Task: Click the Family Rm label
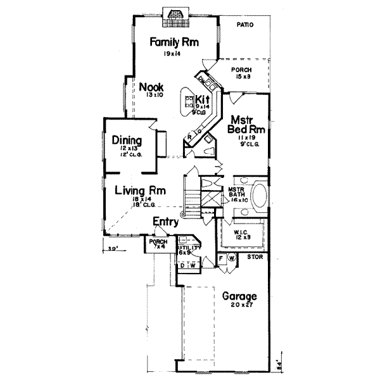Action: coord(174,42)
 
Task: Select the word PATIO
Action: coord(245,25)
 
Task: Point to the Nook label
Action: coord(152,87)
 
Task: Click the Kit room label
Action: coord(202,99)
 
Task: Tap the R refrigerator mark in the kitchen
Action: coord(189,137)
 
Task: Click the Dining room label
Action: coord(127,140)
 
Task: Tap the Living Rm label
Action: coord(140,189)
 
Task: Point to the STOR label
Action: coord(255,258)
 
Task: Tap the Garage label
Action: coord(239,296)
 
